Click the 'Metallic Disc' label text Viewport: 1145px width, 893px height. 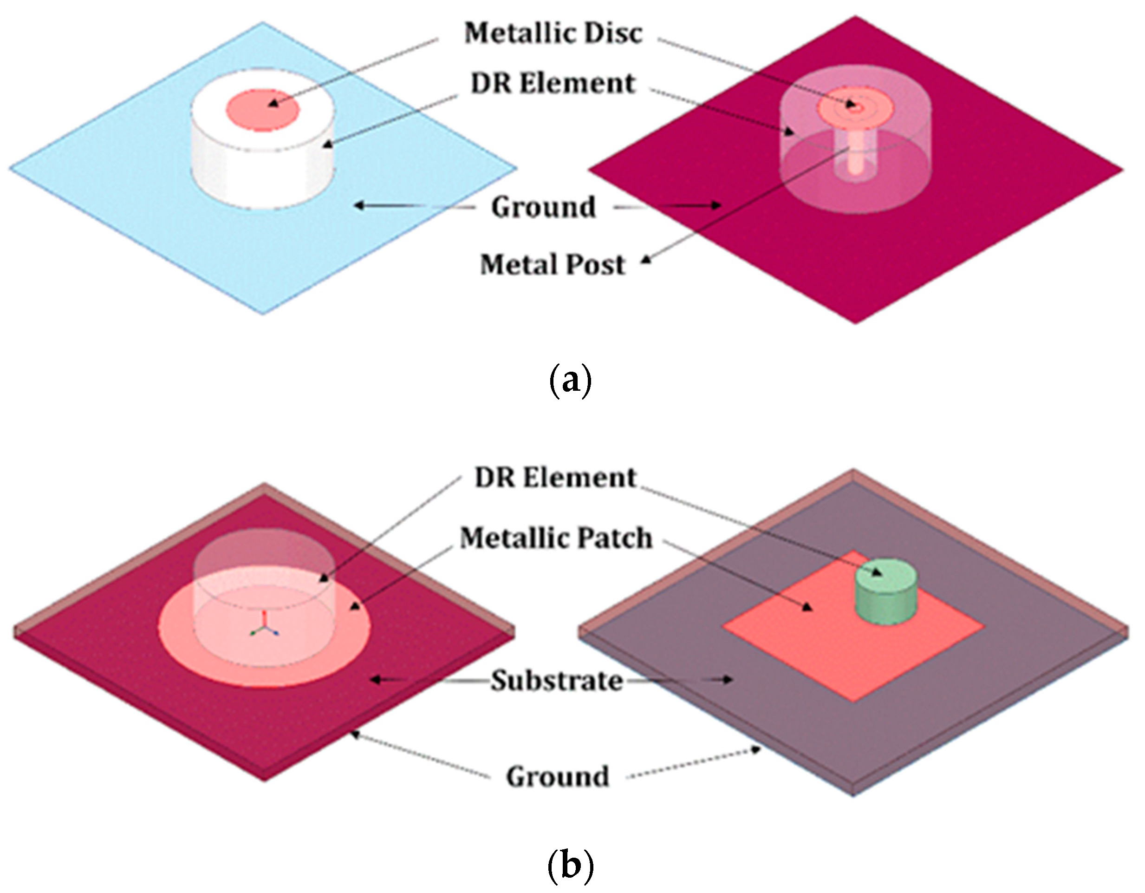(x=553, y=33)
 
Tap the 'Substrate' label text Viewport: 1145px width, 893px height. (x=557, y=681)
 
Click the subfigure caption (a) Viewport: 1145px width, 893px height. (x=570, y=381)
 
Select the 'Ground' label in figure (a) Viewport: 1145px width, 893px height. (x=543, y=207)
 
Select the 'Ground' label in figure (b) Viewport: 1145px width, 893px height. (x=557, y=776)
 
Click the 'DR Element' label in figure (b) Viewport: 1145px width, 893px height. (x=555, y=478)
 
